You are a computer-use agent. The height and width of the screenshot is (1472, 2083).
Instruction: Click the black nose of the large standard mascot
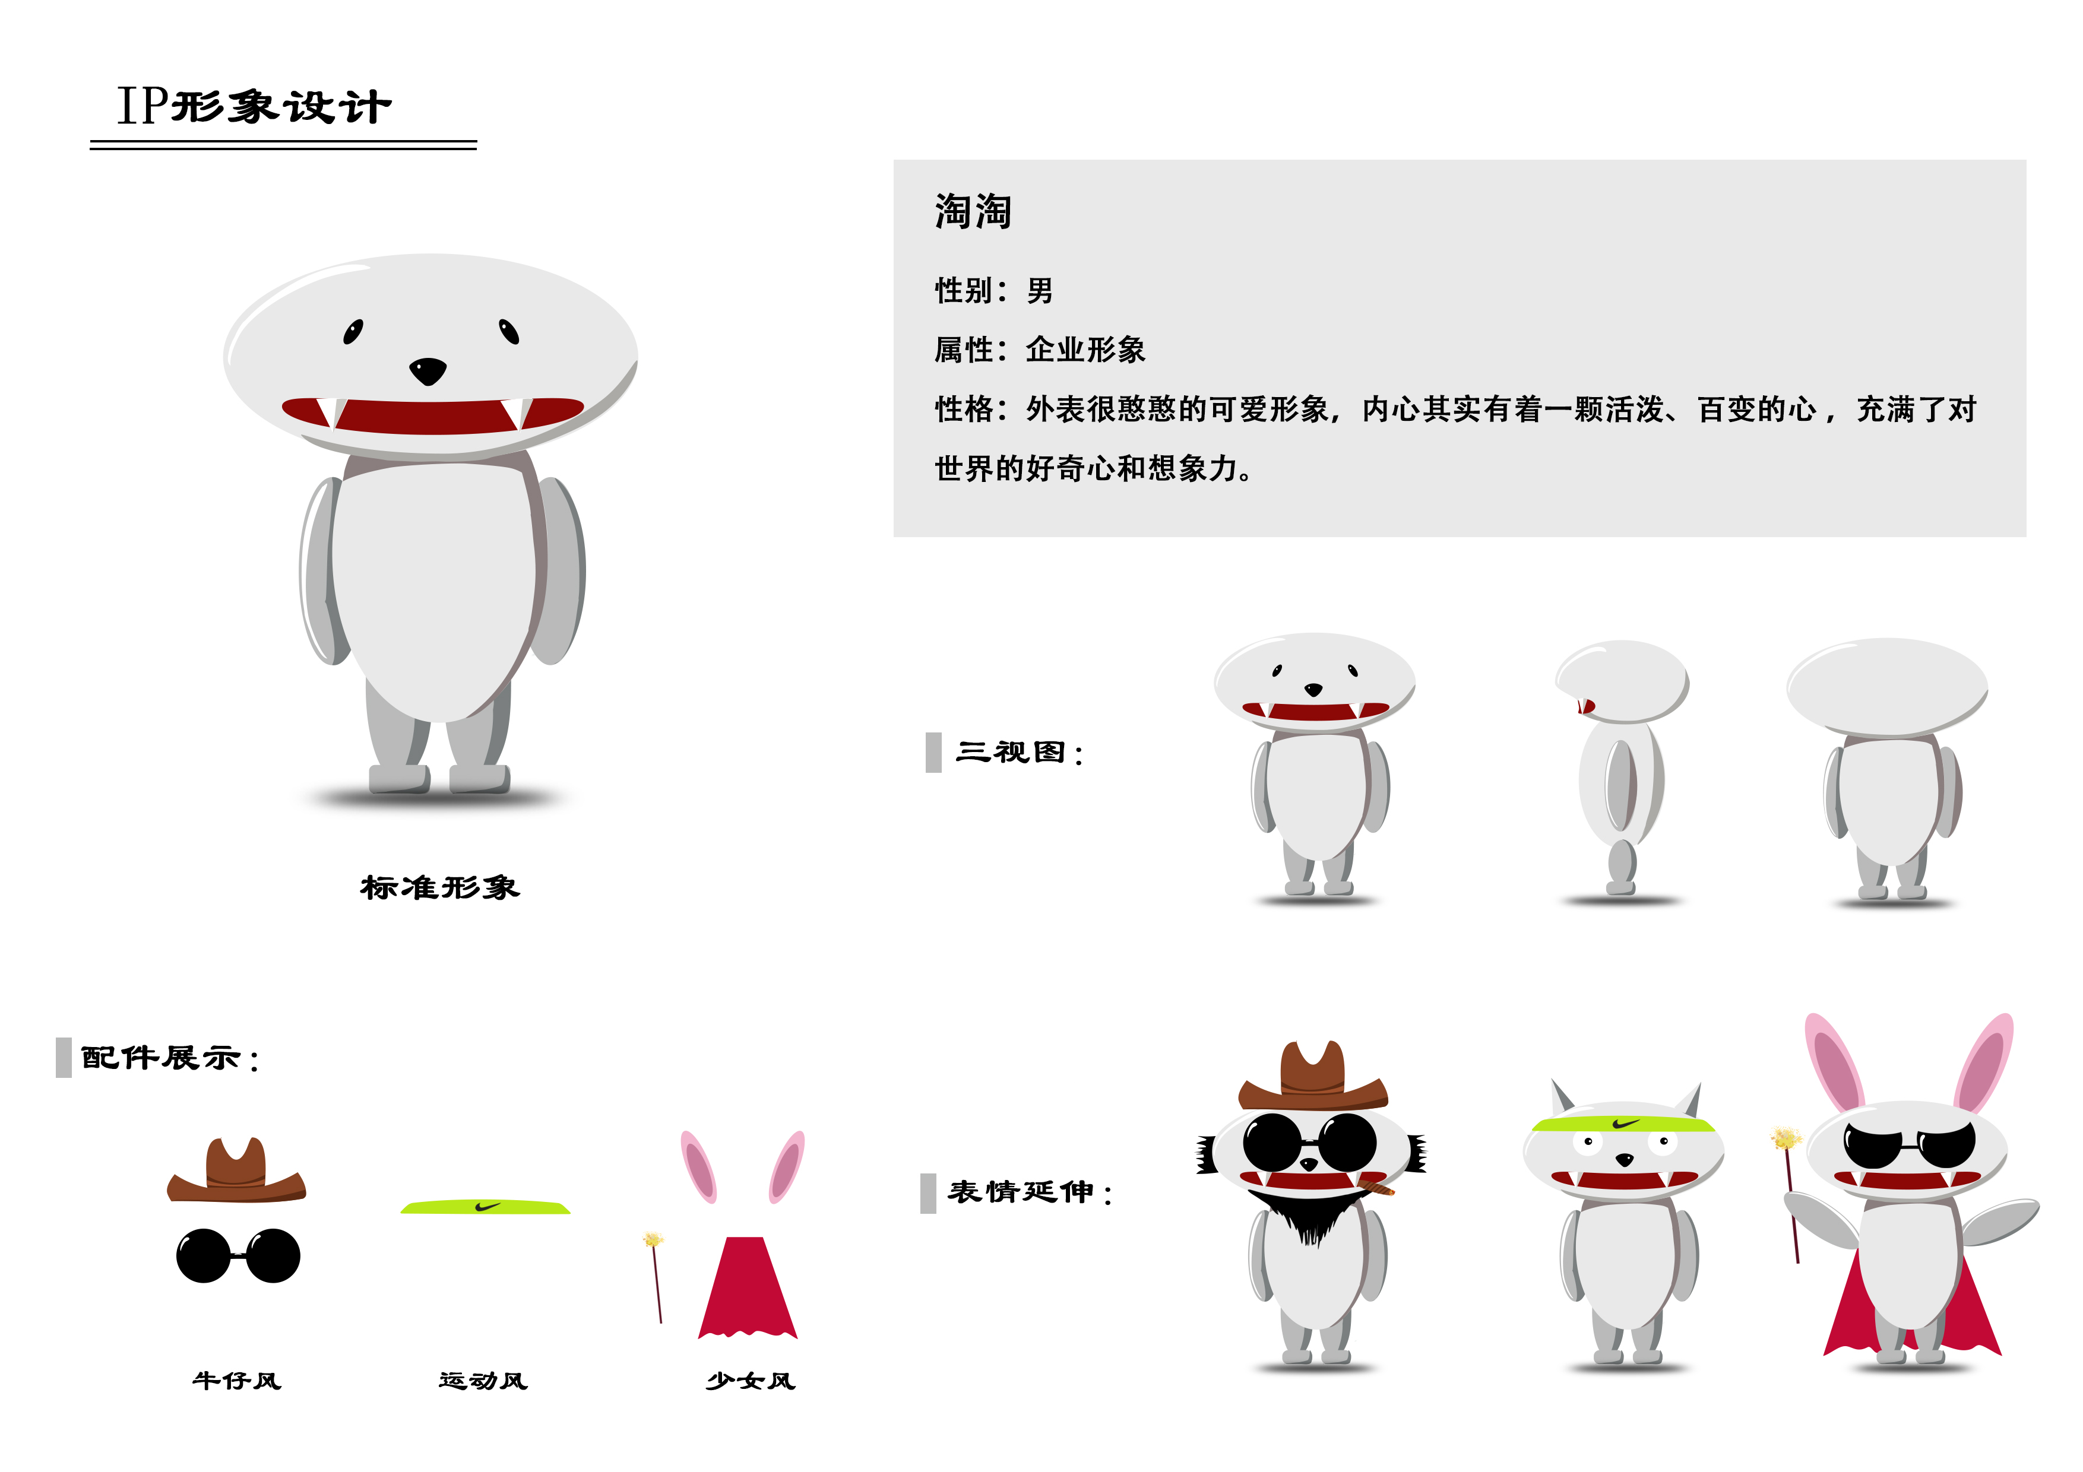(x=428, y=370)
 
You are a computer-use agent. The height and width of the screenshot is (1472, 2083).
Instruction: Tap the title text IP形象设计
(x=254, y=106)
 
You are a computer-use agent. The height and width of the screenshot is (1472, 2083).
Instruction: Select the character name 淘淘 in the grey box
(x=973, y=211)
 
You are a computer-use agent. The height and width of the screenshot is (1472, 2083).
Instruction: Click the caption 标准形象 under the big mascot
(x=440, y=887)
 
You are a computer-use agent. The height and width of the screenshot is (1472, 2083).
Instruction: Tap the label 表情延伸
(x=1030, y=1192)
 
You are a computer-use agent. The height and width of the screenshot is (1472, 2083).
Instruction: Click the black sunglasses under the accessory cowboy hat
(x=238, y=1255)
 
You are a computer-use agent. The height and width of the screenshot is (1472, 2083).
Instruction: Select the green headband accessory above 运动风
(x=485, y=1206)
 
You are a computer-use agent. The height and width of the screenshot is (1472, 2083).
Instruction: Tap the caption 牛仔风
(x=237, y=1381)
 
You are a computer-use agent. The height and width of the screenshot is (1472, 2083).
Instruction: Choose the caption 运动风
(x=483, y=1381)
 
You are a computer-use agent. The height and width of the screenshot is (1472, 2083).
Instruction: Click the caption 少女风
(x=751, y=1381)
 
